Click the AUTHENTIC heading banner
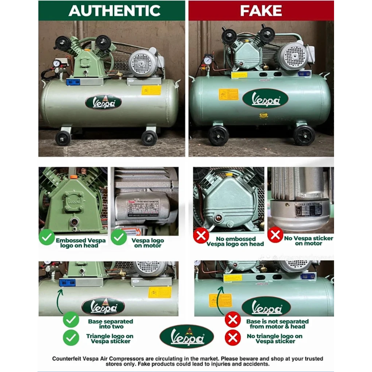[112, 10]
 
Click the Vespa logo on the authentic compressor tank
[103, 102]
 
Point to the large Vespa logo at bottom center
[186, 335]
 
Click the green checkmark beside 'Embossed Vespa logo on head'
[46, 237]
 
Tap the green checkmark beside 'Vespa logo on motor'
[120, 237]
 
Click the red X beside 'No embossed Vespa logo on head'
[202, 235]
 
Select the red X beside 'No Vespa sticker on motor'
[275, 235]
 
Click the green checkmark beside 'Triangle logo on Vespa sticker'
[71, 338]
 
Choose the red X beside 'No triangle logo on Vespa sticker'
[232, 338]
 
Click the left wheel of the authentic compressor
[63, 138]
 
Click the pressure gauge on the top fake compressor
[208, 60]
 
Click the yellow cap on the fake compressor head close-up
[228, 175]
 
